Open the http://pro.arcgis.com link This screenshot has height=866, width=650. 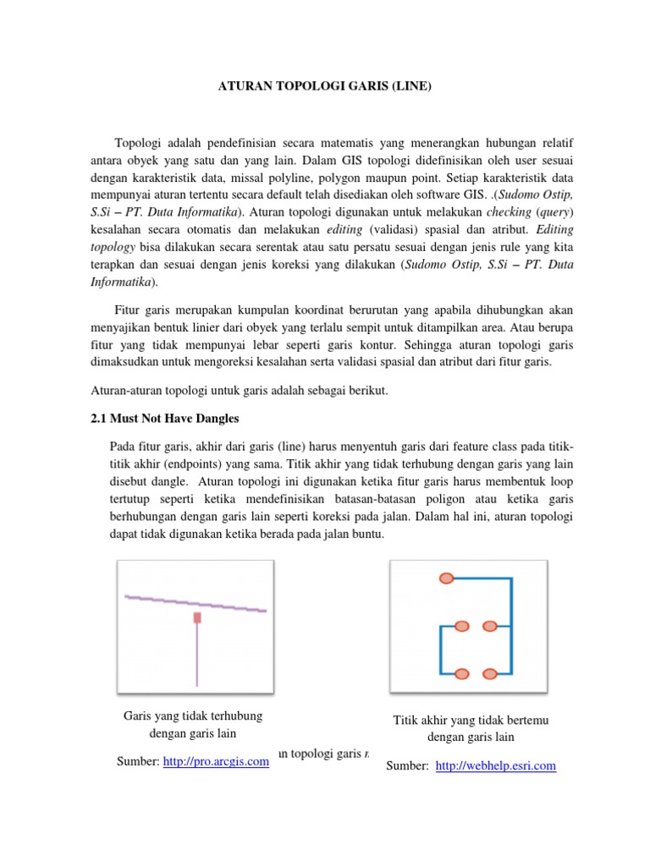216,762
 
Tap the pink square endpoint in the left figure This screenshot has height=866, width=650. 197,618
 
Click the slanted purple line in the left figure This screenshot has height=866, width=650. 196,603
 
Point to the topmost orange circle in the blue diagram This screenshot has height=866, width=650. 447,578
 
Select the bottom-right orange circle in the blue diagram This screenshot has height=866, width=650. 489,674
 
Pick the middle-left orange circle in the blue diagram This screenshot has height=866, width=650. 462,627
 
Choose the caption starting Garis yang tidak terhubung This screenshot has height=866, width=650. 192,725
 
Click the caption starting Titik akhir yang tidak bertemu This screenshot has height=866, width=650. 471,728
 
